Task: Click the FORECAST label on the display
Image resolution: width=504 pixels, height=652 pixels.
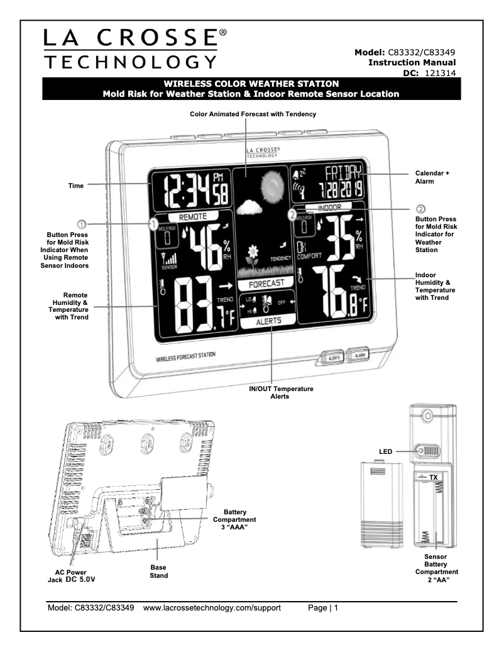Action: pyautogui.click(x=260, y=282)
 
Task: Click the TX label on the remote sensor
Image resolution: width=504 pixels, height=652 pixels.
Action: pyautogui.click(x=434, y=477)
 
